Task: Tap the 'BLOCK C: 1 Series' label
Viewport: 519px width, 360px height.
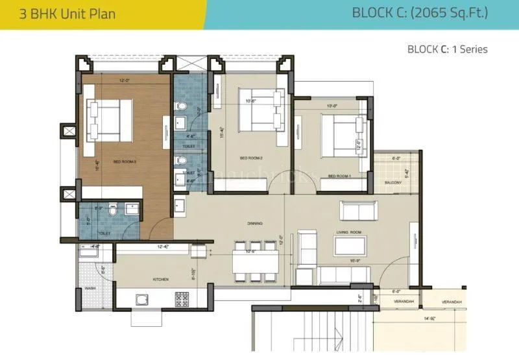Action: (x=447, y=49)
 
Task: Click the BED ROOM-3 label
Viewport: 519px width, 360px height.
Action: (x=125, y=162)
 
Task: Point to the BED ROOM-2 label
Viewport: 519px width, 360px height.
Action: (x=250, y=158)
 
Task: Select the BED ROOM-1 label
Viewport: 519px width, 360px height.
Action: (x=339, y=176)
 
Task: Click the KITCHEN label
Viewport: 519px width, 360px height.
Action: (x=161, y=280)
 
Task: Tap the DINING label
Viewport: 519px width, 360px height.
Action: (x=255, y=224)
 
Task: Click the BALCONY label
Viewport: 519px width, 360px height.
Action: (x=392, y=183)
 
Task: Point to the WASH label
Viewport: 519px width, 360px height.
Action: (x=90, y=289)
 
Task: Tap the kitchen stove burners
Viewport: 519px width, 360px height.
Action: (x=182, y=299)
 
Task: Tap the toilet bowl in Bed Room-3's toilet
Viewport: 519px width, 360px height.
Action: (x=114, y=211)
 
